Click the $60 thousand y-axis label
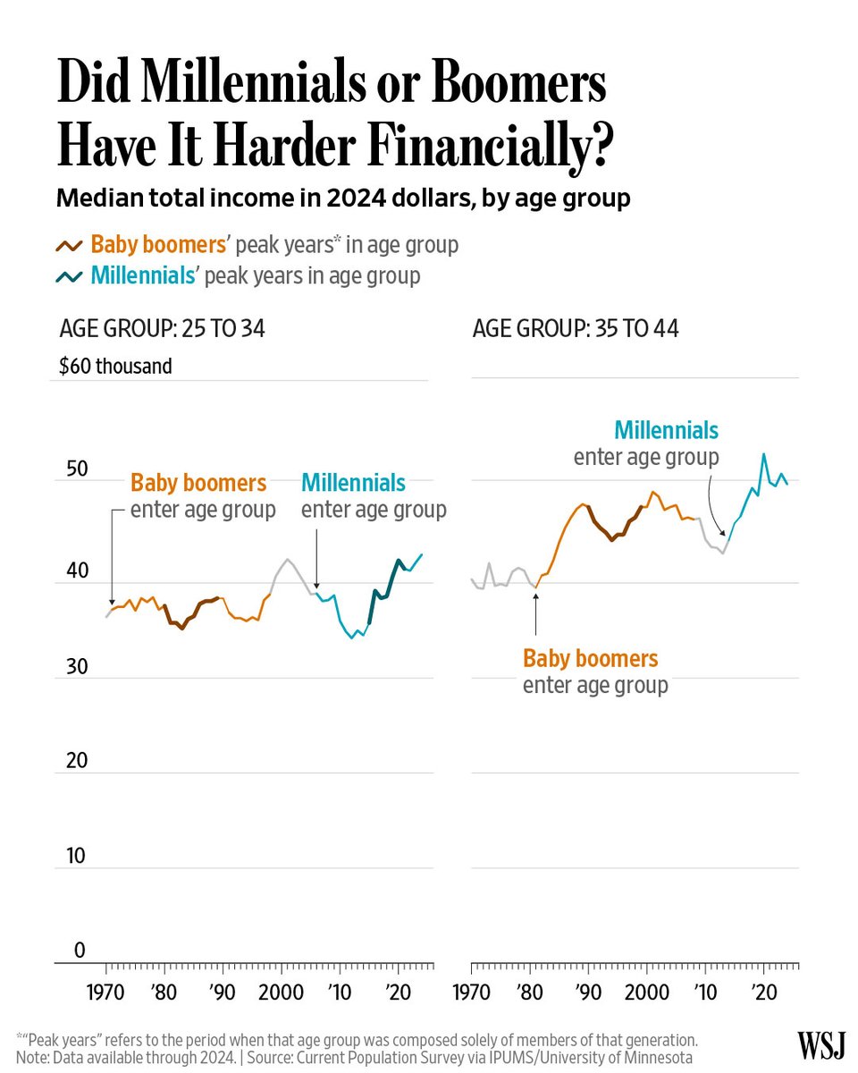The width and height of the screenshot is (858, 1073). (115, 366)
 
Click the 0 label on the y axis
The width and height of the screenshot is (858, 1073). (80, 950)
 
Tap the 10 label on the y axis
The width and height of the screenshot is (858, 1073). (75, 856)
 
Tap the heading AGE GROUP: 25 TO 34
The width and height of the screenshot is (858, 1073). (162, 329)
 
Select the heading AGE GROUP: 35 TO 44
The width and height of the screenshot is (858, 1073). (576, 329)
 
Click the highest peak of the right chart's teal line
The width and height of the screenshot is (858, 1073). (763, 454)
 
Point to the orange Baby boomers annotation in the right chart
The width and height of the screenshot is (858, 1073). (590, 659)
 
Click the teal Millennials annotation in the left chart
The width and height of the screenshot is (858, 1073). (353, 484)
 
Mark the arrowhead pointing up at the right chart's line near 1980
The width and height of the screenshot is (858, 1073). (536, 591)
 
